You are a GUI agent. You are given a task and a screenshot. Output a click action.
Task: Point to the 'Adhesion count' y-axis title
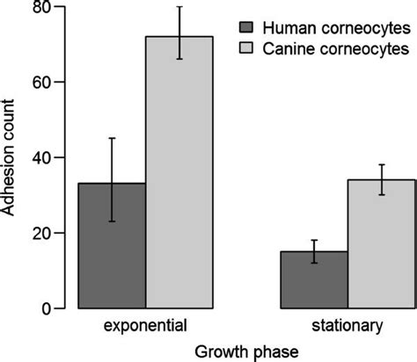tap(11, 158)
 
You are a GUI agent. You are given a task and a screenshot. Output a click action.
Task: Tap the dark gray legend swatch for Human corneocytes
tap(248, 25)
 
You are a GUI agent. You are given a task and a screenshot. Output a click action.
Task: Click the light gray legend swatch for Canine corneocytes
tap(248, 50)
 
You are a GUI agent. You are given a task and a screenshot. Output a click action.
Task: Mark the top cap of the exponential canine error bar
tap(179, 7)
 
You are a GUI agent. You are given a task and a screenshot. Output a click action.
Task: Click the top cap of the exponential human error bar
tap(113, 138)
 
